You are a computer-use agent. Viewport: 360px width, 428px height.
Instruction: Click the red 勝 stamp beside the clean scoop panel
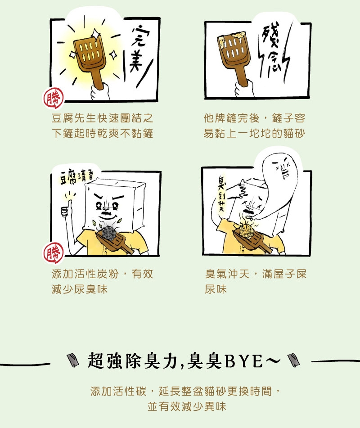coord(54,98)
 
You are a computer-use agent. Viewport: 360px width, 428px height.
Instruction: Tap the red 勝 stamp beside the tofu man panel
coord(54,253)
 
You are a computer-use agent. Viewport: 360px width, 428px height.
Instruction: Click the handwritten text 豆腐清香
coord(76,177)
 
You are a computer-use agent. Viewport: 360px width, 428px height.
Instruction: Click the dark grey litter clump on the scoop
coord(109,234)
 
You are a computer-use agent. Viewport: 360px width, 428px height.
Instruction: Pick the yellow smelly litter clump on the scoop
coord(247,230)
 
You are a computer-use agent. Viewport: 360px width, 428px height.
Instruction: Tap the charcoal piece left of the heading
coord(73,360)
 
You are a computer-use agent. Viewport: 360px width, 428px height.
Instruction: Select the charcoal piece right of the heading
coord(294,360)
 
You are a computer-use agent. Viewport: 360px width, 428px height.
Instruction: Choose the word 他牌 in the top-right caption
coord(215,118)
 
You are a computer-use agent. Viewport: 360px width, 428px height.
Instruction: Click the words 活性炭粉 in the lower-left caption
coord(96,274)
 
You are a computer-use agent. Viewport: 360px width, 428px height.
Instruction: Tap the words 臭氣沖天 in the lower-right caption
coord(227,274)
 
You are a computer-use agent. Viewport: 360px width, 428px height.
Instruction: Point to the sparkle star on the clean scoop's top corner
coord(96,34)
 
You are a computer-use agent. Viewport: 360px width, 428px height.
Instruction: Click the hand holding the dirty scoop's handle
coord(244,89)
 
